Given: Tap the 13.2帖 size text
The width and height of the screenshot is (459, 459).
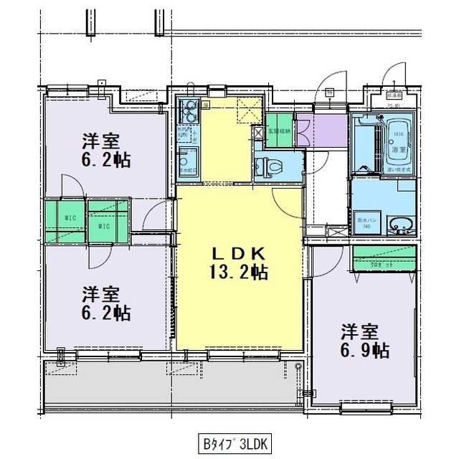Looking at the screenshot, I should (x=240, y=272).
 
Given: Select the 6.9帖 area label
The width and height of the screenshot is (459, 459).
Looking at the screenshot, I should (x=365, y=351).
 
